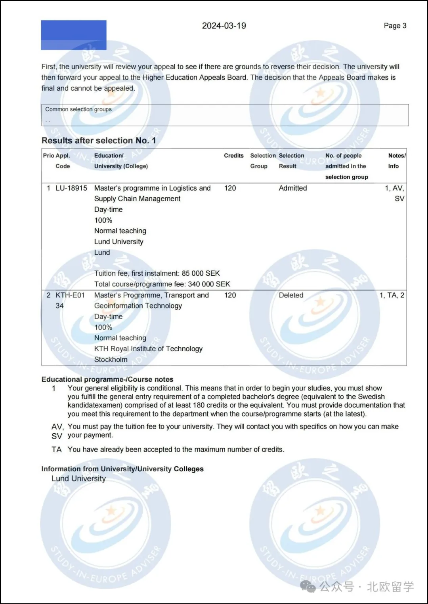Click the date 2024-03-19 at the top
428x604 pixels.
(x=224, y=26)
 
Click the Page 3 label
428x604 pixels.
(x=395, y=26)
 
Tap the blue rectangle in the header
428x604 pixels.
(x=74, y=35)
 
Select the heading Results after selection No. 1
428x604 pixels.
(x=99, y=141)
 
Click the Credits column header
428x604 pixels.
(x=233, y=156)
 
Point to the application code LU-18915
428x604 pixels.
(x=71, y=188)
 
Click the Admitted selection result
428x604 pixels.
(x=292, y=188)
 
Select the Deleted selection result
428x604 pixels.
(x=291, y=295)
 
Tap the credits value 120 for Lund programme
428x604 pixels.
(x=230, y=188)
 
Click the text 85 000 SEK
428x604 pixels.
(x=201, y=273)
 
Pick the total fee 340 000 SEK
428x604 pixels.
(x=209, y=284)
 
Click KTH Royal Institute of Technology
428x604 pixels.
(x=148, y=349)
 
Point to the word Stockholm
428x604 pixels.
(x=111, y=360)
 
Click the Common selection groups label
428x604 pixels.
(x=78, y=109)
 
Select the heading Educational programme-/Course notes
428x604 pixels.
(x=107, y=379)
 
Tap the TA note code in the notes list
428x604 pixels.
(x=57, y=450)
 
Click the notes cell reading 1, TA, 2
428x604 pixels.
(x=392, y=295)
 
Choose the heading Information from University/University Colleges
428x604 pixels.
(x=122, y=469)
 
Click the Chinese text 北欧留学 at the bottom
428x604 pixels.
(x=390, y=587)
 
